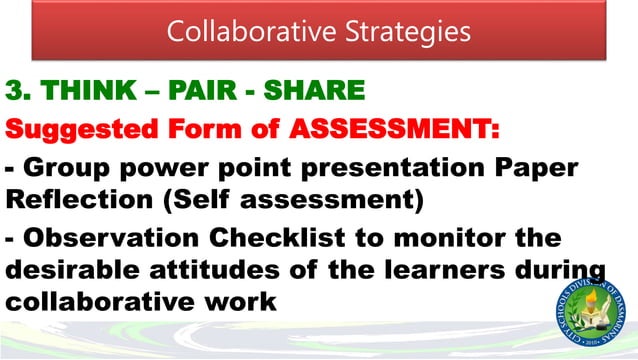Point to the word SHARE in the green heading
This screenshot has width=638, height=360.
314,93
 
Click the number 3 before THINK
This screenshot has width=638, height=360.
16,93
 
